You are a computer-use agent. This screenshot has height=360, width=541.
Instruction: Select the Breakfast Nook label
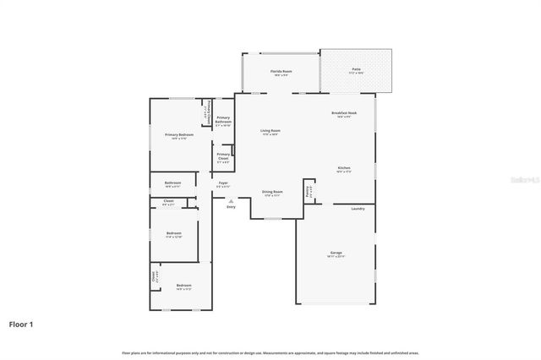tap(344, 114)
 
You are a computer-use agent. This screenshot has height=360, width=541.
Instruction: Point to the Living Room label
tap(270, 132)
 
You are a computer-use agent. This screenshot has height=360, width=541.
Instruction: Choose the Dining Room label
tap(271, 194)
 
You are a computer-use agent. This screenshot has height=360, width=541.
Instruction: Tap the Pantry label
tap(309, 191)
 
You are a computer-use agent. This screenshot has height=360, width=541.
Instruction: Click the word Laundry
tap(358, 208)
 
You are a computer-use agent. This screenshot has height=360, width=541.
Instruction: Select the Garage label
tap(336, 254)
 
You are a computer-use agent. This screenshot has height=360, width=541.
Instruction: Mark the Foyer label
tap(223, 184)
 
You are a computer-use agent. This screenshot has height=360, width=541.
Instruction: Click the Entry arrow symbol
tap(231, 200)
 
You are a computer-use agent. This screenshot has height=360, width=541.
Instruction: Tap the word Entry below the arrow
tap(231, 207)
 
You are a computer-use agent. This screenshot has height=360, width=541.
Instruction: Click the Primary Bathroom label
tap(223, 121)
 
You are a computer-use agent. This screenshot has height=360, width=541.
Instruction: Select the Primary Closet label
tap(223, 156)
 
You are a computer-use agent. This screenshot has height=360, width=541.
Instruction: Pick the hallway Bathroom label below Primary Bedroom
tap(172, 184)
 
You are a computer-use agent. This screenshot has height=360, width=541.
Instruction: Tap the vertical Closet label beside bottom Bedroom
tap(154, 275)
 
